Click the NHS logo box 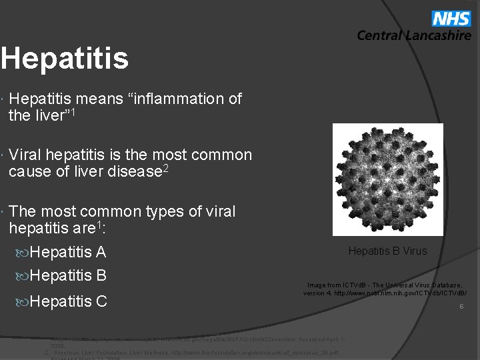(x=452, y=19)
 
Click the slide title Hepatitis (x=64, y=58)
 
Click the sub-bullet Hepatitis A (x=68, y=252)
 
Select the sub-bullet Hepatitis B (x=68, y=275)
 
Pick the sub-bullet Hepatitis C (x=68, y=301)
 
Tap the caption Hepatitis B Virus (x=387, y=251)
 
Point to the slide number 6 (x=460, y=307)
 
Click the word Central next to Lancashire (x=380, y=36)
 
